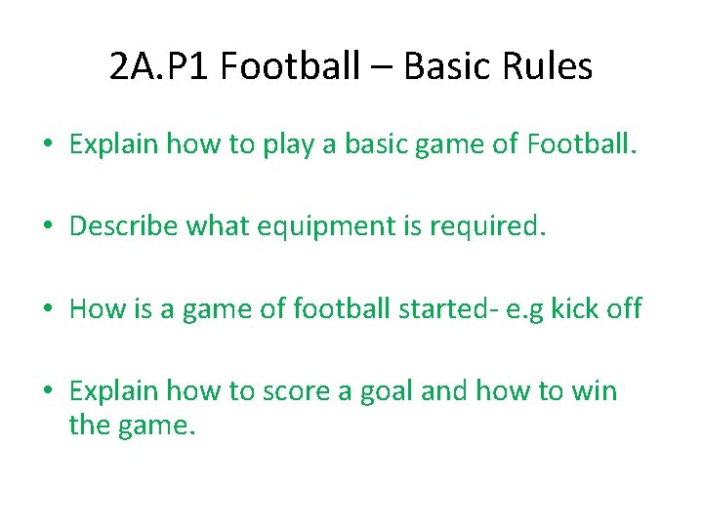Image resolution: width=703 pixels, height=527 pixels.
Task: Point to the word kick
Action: (x=573, y=309)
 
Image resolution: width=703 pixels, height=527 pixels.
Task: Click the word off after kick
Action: (x=623, y=309)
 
